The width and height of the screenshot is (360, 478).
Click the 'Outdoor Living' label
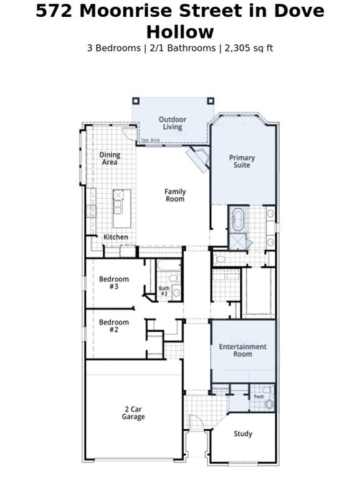pos(173,123)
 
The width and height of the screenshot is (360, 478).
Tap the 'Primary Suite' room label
pos(242,162)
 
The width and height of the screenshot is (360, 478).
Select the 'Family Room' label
pos(175,195)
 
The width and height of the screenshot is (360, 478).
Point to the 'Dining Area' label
pos(110,158)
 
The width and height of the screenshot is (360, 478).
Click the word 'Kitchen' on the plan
pos(116,237)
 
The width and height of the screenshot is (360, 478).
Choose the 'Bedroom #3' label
pos(114,283)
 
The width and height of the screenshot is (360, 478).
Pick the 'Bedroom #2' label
pos(114,326)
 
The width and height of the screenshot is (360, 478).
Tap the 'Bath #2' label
pos(164,291)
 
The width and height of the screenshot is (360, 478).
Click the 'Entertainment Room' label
pos(242,350)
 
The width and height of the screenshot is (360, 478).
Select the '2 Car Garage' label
pos(133,413)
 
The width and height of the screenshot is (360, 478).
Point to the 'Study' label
pos(243,434)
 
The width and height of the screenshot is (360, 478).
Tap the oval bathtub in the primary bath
pos(238,220)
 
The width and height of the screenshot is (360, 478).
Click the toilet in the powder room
pos(269,404)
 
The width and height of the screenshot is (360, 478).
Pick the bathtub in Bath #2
pos(168,266)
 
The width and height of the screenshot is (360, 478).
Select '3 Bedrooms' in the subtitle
pos(114,48)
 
